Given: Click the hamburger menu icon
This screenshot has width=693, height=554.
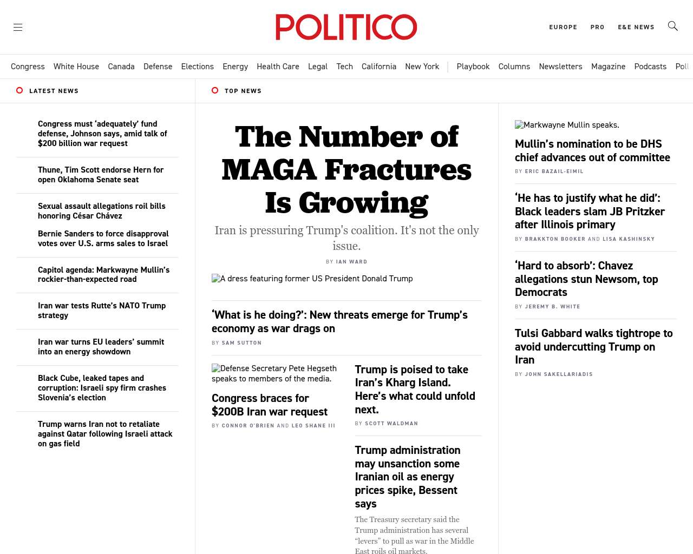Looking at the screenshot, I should point(18,27).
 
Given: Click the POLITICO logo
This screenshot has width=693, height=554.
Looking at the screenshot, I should point(346,27).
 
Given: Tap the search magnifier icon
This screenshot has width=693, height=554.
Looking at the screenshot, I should point(672,26).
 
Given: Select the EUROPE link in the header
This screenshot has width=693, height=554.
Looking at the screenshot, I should point(563,27).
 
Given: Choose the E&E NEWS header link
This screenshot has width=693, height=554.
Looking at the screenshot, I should point(636,27).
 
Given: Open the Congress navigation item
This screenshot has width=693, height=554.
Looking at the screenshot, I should point(28,67).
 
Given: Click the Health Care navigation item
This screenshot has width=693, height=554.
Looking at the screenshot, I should point(278,67).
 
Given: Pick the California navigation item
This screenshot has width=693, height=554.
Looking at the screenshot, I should point(379,67).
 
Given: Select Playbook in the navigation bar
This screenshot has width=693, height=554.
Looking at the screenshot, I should point(473,67).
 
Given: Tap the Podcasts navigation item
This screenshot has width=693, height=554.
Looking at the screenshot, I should point(650,67).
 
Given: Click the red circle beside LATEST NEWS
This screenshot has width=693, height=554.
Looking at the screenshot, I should point(19,90).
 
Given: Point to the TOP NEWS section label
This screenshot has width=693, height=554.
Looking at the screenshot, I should point(243,91).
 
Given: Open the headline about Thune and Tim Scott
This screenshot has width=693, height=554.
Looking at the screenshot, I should point(101,175).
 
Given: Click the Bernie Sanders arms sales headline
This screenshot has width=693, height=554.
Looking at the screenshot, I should point(103,239).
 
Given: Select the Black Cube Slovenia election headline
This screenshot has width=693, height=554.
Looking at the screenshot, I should point(102,388).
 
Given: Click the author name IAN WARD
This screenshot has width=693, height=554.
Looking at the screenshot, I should point(351,262).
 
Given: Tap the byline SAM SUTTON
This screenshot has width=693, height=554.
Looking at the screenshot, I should point(241,343).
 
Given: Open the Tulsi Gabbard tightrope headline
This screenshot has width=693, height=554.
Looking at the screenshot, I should point(593,346).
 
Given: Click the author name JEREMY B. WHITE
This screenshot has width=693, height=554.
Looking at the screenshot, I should point(552,307).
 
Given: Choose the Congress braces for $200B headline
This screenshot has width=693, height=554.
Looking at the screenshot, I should point(269,405).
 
